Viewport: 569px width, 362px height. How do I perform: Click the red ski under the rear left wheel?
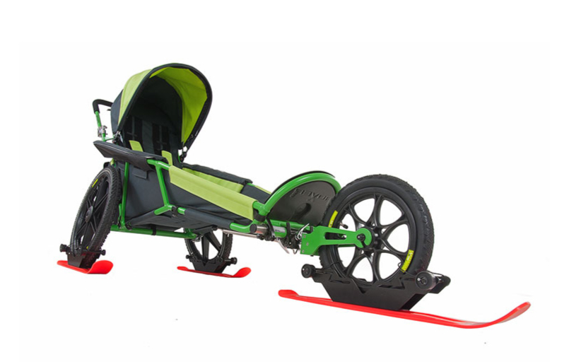85,267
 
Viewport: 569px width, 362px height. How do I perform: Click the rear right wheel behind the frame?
209,247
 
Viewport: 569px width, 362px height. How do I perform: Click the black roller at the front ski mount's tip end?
424,280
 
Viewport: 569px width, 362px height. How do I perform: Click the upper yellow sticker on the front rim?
332,218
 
